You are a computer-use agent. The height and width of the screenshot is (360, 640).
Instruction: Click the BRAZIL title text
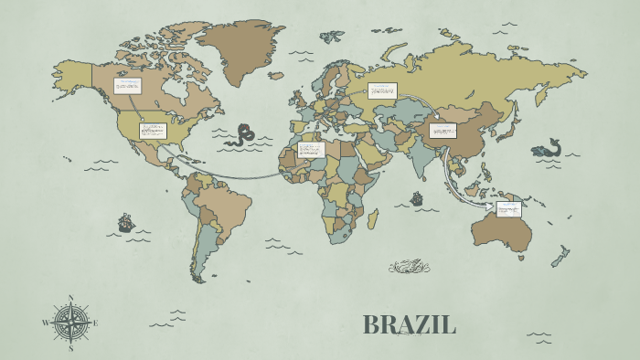tap(409, 324)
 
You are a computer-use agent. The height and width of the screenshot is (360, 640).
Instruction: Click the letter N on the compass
tap(71, 297)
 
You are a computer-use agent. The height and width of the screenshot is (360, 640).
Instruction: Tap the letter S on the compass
tap(70, 347)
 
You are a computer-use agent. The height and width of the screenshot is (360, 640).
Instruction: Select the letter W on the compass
tap(46, 323)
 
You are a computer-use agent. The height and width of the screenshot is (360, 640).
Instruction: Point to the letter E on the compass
tap(95, 323)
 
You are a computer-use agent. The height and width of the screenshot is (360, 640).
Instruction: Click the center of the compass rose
tap(70, 323)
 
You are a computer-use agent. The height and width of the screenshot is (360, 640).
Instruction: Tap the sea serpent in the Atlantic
tap(242, 135)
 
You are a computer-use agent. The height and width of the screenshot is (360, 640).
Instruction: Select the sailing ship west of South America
tap(125, 222)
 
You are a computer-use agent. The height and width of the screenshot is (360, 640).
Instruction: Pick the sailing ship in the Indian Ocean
tap(417, 197)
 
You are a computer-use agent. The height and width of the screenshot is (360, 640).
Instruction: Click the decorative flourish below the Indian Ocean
tap(409, 267)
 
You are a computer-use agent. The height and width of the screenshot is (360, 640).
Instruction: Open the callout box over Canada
tap(127, 86)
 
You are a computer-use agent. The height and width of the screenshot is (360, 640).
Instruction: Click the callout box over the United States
tap(153, 131)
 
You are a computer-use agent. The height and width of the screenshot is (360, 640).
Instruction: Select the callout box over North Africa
tap(311, 149)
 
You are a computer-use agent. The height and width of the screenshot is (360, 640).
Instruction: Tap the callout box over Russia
tap(382, 90)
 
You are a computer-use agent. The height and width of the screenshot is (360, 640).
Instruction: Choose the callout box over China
tap(443, 131)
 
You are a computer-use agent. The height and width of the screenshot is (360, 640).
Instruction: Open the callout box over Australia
tap(508, 208)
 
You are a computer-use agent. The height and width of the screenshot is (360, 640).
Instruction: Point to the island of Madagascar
tap(373, 218)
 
